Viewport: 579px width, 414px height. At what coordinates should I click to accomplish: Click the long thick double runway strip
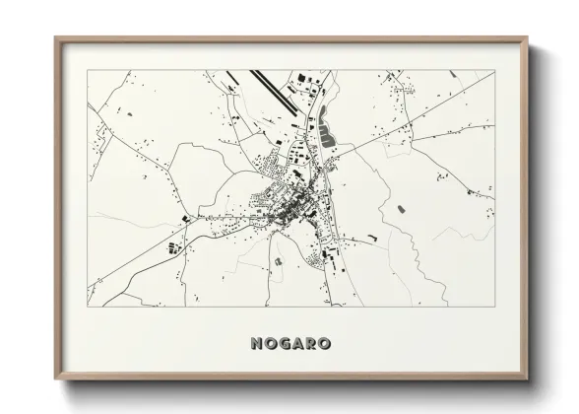tap(275, 89)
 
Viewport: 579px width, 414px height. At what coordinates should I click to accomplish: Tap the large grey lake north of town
tap(326, 128)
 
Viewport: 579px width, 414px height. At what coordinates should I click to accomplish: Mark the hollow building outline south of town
tap(279, 260)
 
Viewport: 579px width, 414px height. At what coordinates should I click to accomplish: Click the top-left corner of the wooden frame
tap(55, 38)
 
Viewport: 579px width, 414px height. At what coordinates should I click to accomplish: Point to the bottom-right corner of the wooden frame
tap(527, 379)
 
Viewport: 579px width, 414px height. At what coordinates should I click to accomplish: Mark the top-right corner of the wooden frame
tap(527, 38)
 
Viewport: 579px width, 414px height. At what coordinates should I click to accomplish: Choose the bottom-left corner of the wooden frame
tap(55, 379)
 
